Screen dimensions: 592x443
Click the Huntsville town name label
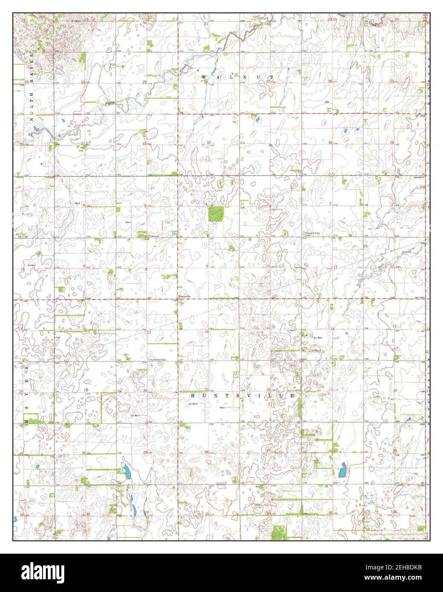coord(184,296)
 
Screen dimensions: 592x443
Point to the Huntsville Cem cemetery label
coord(157,359)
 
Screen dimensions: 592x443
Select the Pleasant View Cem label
coord(312,234)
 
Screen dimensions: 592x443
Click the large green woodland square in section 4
coord(217,214)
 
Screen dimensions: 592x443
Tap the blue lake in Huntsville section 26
coord(341,471)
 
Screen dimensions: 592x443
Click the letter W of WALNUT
coord(204,77)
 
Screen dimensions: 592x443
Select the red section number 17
coord(149,333)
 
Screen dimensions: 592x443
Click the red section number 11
coord(336,267)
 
